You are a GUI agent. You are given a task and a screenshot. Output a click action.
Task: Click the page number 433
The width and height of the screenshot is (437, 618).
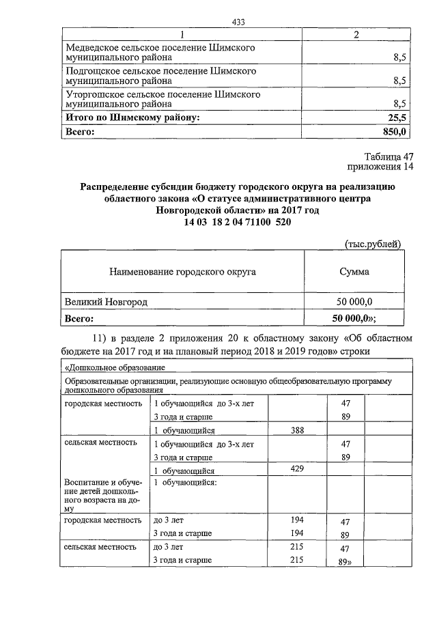238,22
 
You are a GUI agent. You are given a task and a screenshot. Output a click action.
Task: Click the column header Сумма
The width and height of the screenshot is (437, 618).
354,271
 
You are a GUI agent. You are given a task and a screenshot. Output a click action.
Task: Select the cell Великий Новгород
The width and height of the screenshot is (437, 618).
106,301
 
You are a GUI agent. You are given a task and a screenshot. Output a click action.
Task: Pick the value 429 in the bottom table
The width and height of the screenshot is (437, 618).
296,470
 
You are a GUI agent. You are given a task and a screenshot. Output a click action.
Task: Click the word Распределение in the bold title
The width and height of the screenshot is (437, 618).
116,186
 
